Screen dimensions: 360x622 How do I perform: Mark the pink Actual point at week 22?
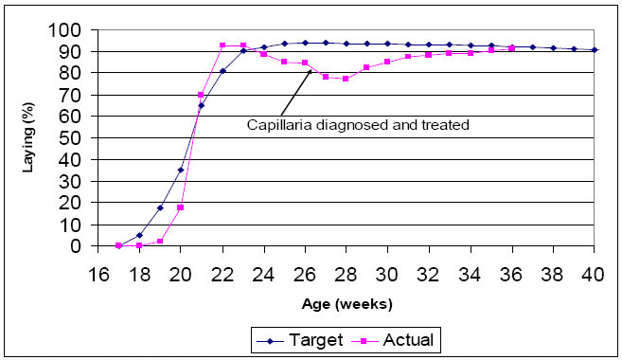222,45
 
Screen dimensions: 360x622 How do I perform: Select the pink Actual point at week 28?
347,79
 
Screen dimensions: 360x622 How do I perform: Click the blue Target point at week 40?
595,49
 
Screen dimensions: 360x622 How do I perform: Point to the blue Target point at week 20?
181,171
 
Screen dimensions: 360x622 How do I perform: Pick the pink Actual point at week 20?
181,207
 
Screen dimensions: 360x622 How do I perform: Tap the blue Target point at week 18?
139,235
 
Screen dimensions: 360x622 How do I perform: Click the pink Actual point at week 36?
512,47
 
